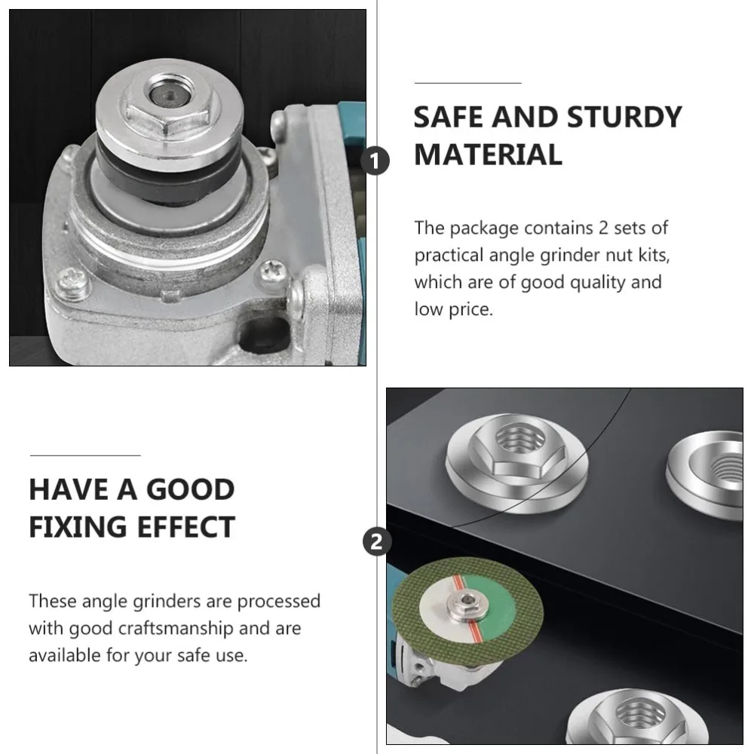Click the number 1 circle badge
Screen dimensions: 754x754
click(377, 161)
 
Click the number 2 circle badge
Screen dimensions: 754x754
click(377, 541)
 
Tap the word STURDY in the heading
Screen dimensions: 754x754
click(624, 118)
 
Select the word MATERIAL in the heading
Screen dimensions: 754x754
click(488, 155)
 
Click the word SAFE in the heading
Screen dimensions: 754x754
click(449, 118)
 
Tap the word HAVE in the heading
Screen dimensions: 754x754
click(67, 489)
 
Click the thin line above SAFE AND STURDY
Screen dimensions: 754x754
click(467, 83)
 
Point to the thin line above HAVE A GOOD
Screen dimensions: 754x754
click(84, 455)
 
